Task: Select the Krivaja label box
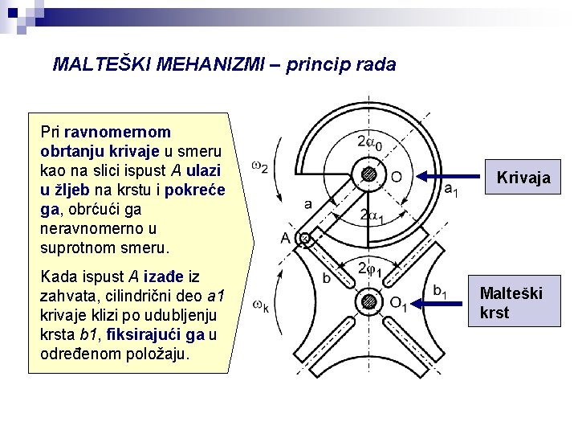tap(523, 178)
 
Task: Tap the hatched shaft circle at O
tap(368, 174)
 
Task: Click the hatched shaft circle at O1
tap(368, 302)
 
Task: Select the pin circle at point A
tap(305, 238)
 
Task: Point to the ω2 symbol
tap(259, 167)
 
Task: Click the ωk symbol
tap(260, 305)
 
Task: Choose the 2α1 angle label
tap(372, 215)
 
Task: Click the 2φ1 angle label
tap(369, 268)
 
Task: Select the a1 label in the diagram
tap(452, 190)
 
